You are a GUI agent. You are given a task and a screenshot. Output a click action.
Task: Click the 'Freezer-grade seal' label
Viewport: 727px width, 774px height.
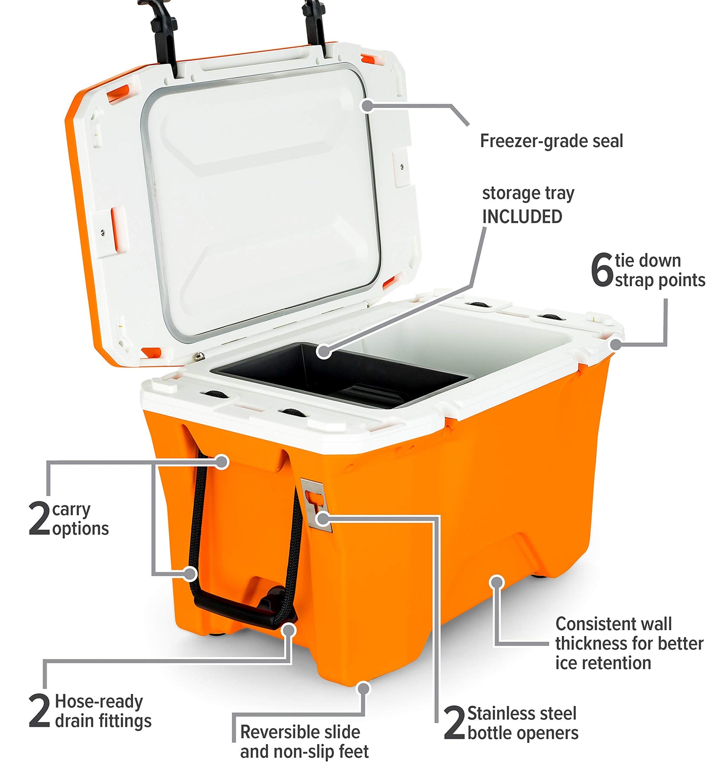(551, 141)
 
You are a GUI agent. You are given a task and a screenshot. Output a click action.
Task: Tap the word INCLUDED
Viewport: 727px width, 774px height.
(522, 216)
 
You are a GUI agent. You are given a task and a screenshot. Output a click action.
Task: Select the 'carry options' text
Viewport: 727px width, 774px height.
(80, 519)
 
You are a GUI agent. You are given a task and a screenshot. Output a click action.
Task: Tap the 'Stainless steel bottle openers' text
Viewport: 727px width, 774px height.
(523, 723)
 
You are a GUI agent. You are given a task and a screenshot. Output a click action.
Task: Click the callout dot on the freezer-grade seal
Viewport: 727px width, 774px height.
(367, 105)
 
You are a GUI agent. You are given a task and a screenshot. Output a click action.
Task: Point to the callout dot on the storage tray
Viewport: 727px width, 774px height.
(324, 351)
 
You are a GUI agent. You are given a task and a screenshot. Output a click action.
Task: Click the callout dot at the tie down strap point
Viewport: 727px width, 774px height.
(616, 345)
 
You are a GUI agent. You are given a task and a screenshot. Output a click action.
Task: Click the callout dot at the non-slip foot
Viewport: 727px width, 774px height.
(364, 688)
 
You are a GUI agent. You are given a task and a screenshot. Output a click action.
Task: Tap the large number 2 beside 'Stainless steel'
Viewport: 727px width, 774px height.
(455, 724)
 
